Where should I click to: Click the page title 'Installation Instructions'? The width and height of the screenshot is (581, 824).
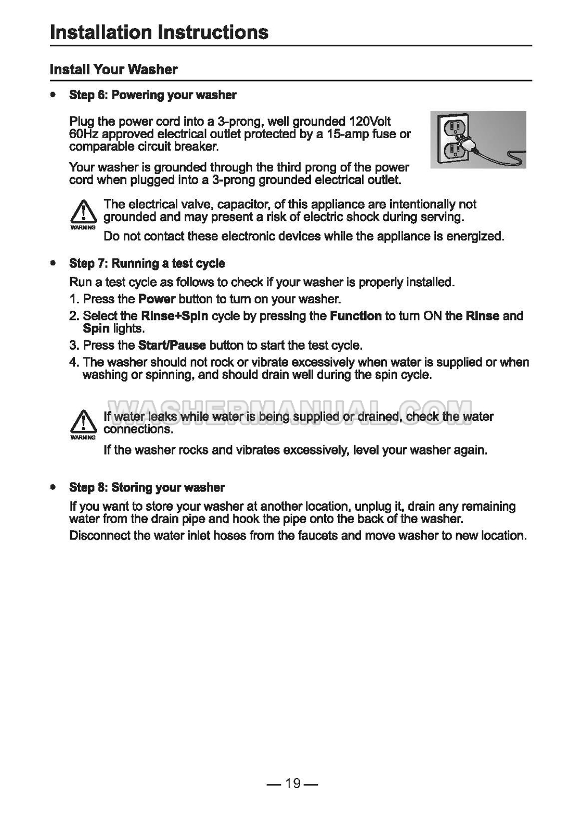[159, 32]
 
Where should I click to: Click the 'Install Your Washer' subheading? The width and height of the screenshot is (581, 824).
[113, 70]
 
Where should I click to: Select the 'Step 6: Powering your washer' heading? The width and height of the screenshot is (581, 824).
[152, 95]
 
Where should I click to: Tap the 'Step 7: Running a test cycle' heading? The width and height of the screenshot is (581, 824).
[147, 263]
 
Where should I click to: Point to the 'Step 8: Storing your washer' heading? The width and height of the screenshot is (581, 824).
[147, 487]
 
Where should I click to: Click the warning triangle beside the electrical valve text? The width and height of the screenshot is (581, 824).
[83, 213]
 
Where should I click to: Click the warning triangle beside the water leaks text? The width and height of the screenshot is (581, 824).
[83, 422]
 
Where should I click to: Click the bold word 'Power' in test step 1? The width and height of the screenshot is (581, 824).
[157, 299]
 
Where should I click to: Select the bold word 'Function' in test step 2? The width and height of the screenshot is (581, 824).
[356, 316]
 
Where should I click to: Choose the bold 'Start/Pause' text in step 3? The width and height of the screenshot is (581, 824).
[172, 345]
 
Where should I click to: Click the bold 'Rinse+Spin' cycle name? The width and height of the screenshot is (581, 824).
[174, 316]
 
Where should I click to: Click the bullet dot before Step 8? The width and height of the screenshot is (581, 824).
[53, 487]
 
